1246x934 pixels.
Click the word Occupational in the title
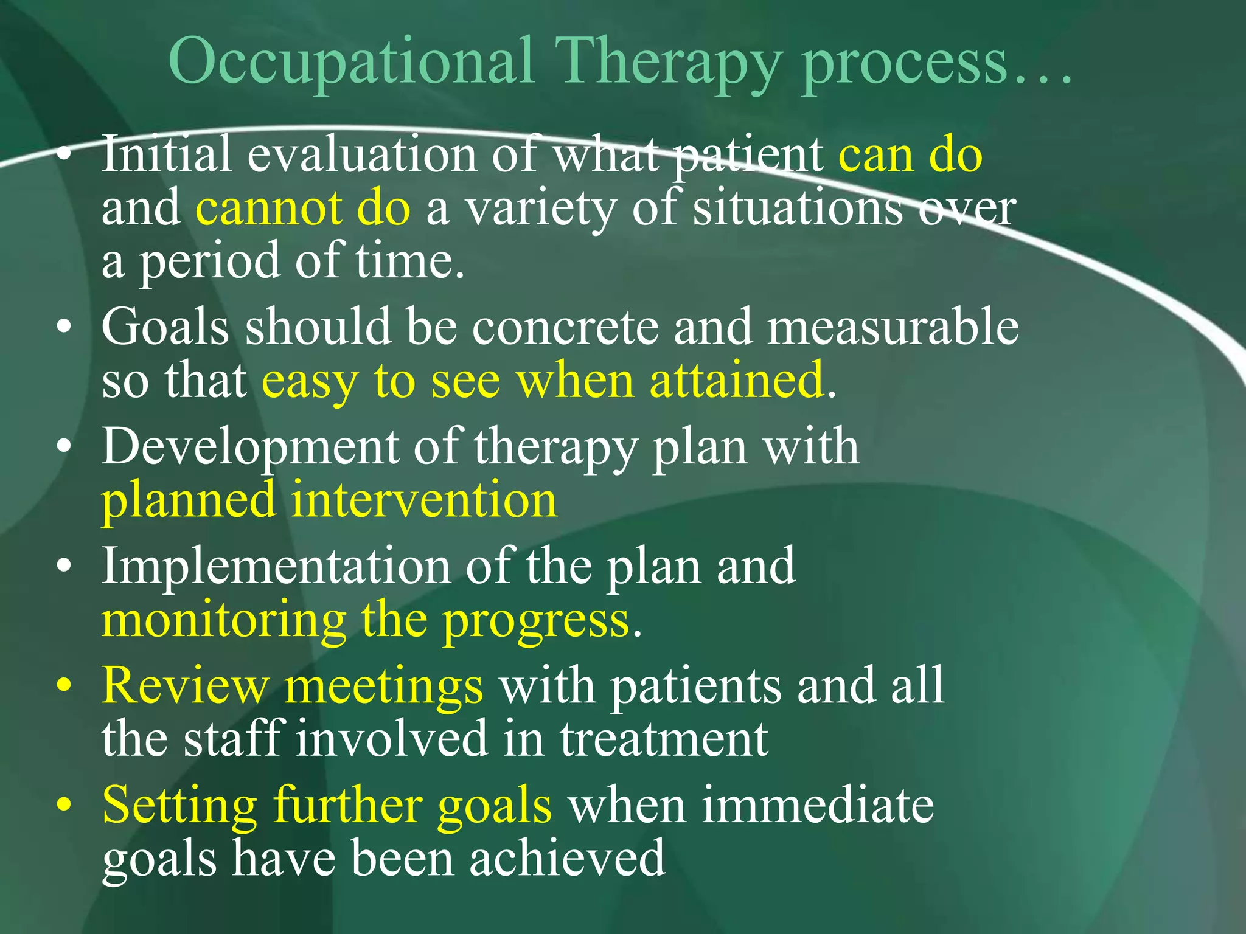(x=351, y=61)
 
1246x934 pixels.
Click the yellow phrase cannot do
(x=302, y=208)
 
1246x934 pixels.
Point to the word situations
(x=798, y=208)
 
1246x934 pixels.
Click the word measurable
(x=893, y=327)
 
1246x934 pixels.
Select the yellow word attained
(x=737, y=380)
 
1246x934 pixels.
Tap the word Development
(x=249, y=447)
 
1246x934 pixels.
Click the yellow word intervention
(x=423, y=500)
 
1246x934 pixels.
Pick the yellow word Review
(x=185, y=685)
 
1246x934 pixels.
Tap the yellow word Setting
(x=179, y=805)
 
